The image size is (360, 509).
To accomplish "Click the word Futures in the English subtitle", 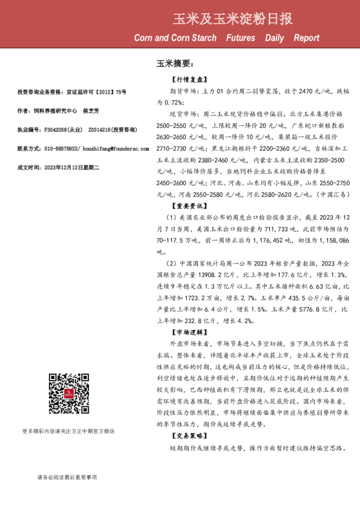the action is (x=240, y=38).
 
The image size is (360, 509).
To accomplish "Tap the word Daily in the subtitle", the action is (x=275, y=38).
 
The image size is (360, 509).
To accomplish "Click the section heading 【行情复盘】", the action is (x=189, y=80).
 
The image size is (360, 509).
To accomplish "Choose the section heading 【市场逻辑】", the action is (x=189, y=332).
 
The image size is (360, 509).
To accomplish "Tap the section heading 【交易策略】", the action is (x=189, y=435).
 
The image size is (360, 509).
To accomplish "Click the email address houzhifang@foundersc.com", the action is (x=93, y=148).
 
